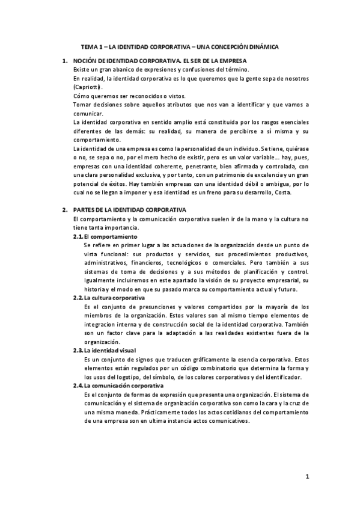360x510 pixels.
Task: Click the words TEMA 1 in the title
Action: coord(93,46)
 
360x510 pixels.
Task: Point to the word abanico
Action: coord(118,70)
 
